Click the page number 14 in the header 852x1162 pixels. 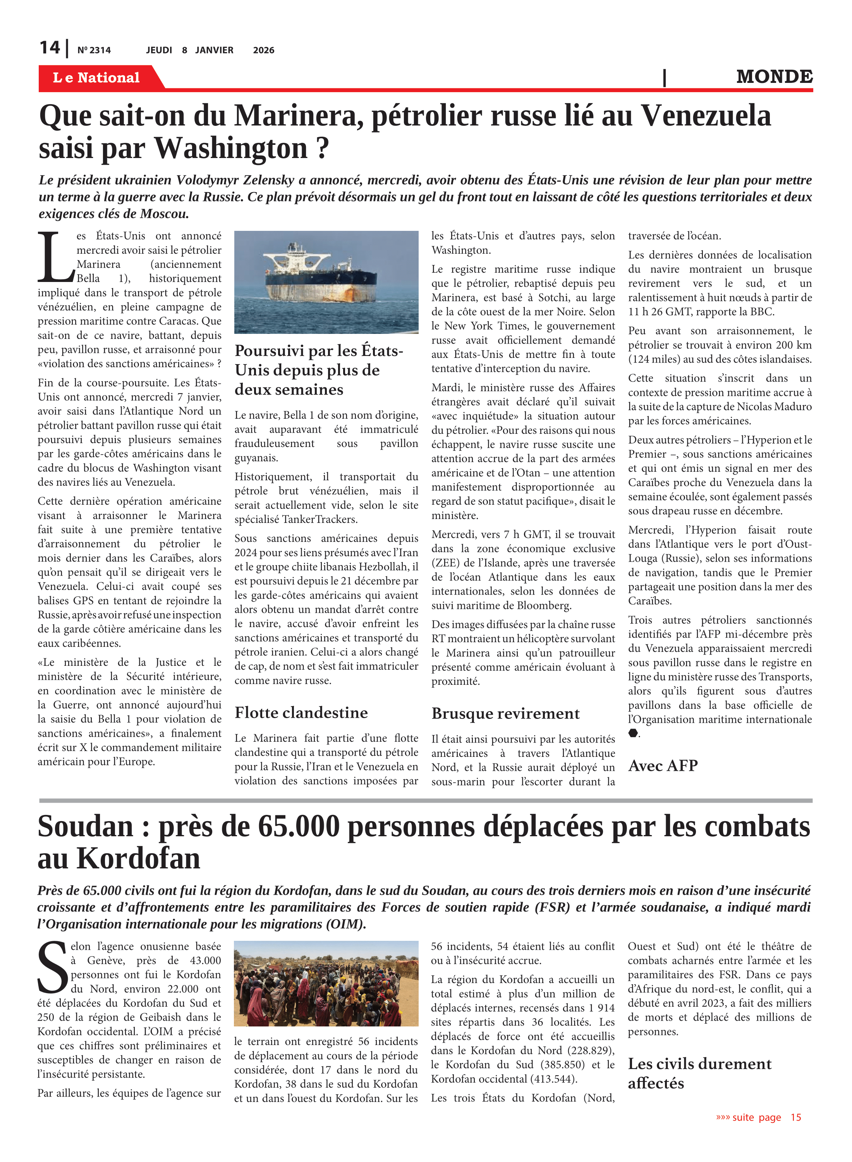point(50,48)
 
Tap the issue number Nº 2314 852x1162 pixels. point(94,50)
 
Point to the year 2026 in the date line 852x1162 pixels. point(264,50)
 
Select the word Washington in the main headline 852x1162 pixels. point(230,148)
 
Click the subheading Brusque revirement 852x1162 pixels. point(505,714)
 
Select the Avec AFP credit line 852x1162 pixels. point(663,766)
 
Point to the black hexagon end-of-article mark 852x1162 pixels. point(633,733)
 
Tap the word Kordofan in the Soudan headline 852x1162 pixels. point(138,859)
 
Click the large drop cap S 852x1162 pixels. point(52,968)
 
